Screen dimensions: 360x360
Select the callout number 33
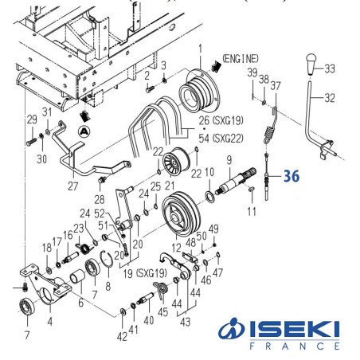pyautogui.click(x=330, y=68)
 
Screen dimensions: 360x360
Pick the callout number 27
pyautogui.click(x=72, y=186)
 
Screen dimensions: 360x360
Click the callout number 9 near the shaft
pyautogui.click(x=228, y=158)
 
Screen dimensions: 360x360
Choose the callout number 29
pyautogui.click(x=32, y=119)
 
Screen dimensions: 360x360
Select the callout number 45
pyautogui.click(x=164, y=313)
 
